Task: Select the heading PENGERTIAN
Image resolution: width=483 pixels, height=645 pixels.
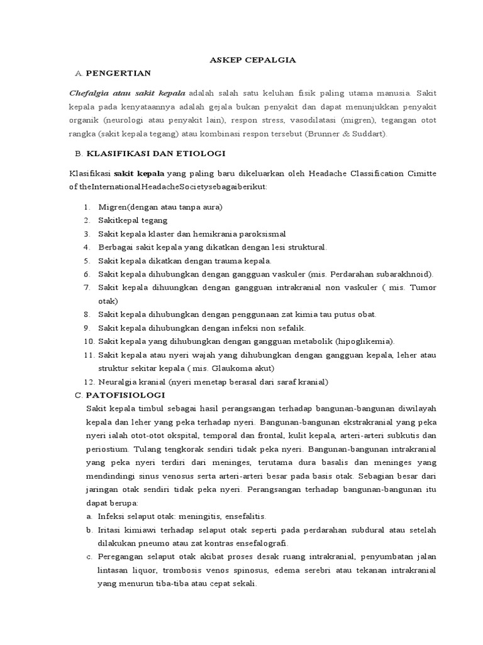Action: (x=118, y=73)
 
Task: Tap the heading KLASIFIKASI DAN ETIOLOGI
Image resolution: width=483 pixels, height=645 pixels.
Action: (x=155, y=153)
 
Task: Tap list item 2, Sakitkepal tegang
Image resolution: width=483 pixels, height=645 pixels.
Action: (x=133, y=220)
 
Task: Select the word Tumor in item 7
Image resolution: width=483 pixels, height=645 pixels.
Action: (x=422, y=287)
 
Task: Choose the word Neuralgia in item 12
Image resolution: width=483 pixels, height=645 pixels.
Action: (x=118, y=382)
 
